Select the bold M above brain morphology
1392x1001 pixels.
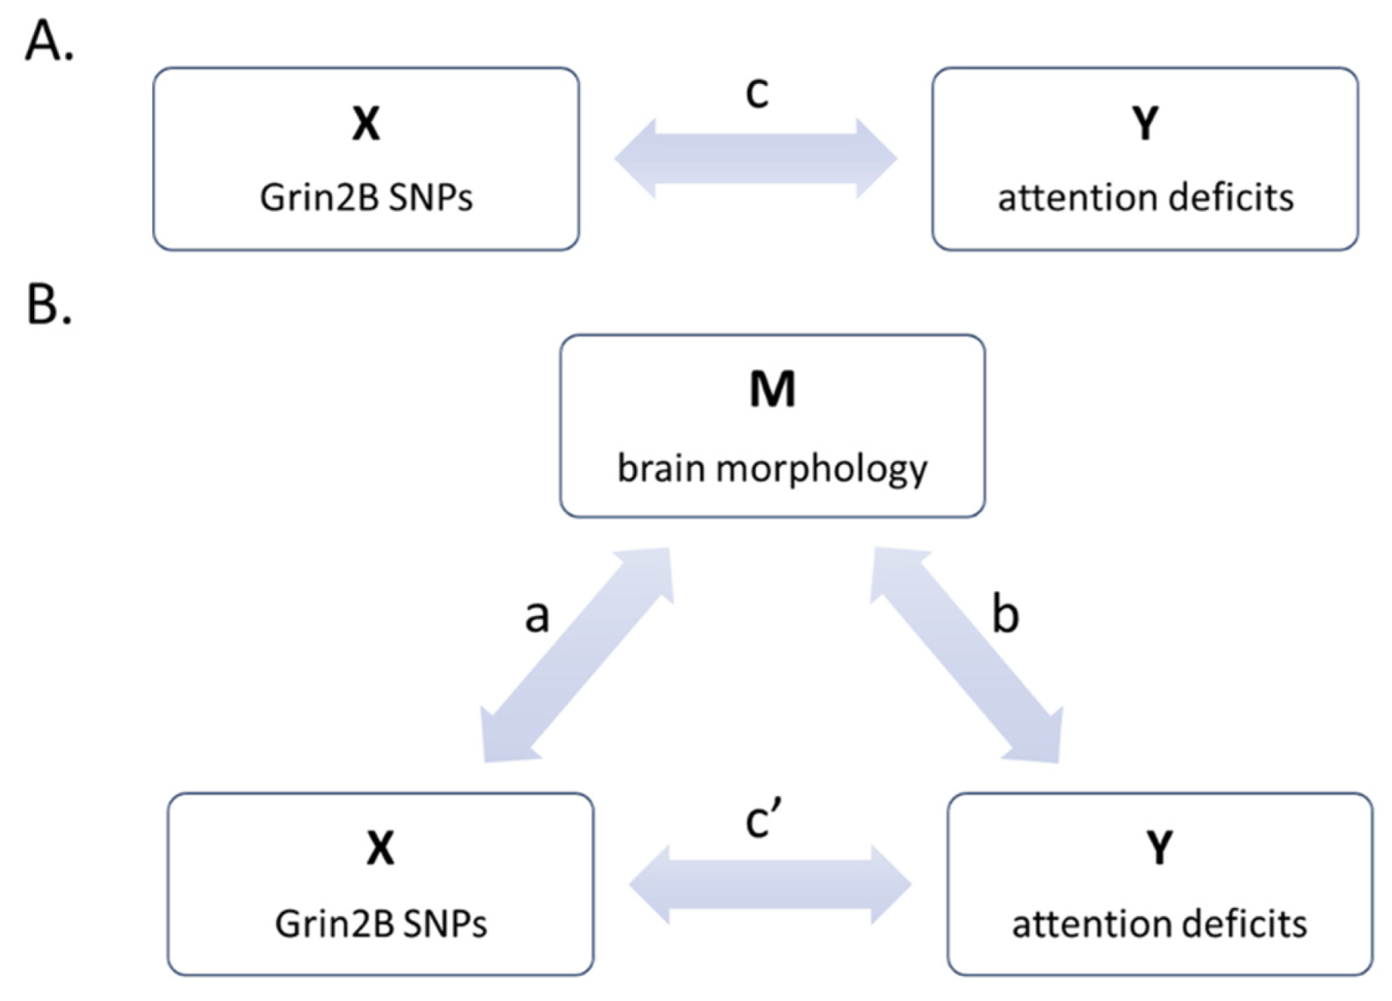[x=772, y=389]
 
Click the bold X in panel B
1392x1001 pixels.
[x=380, y=847]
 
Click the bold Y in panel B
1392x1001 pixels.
[x=1159, y=847]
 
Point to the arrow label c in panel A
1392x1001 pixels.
[x=757, y=92]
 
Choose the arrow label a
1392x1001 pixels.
[x=537, y=617]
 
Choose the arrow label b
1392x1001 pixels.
[x=1005, y=615]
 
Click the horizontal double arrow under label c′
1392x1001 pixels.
[x=770, y=884]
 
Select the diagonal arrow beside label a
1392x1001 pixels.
[x=575, y=656]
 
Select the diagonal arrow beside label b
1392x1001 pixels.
[x=965, y=656]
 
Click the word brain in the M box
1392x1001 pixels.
[x=661, y=468]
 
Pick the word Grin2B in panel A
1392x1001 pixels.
[x=319, y=198]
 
